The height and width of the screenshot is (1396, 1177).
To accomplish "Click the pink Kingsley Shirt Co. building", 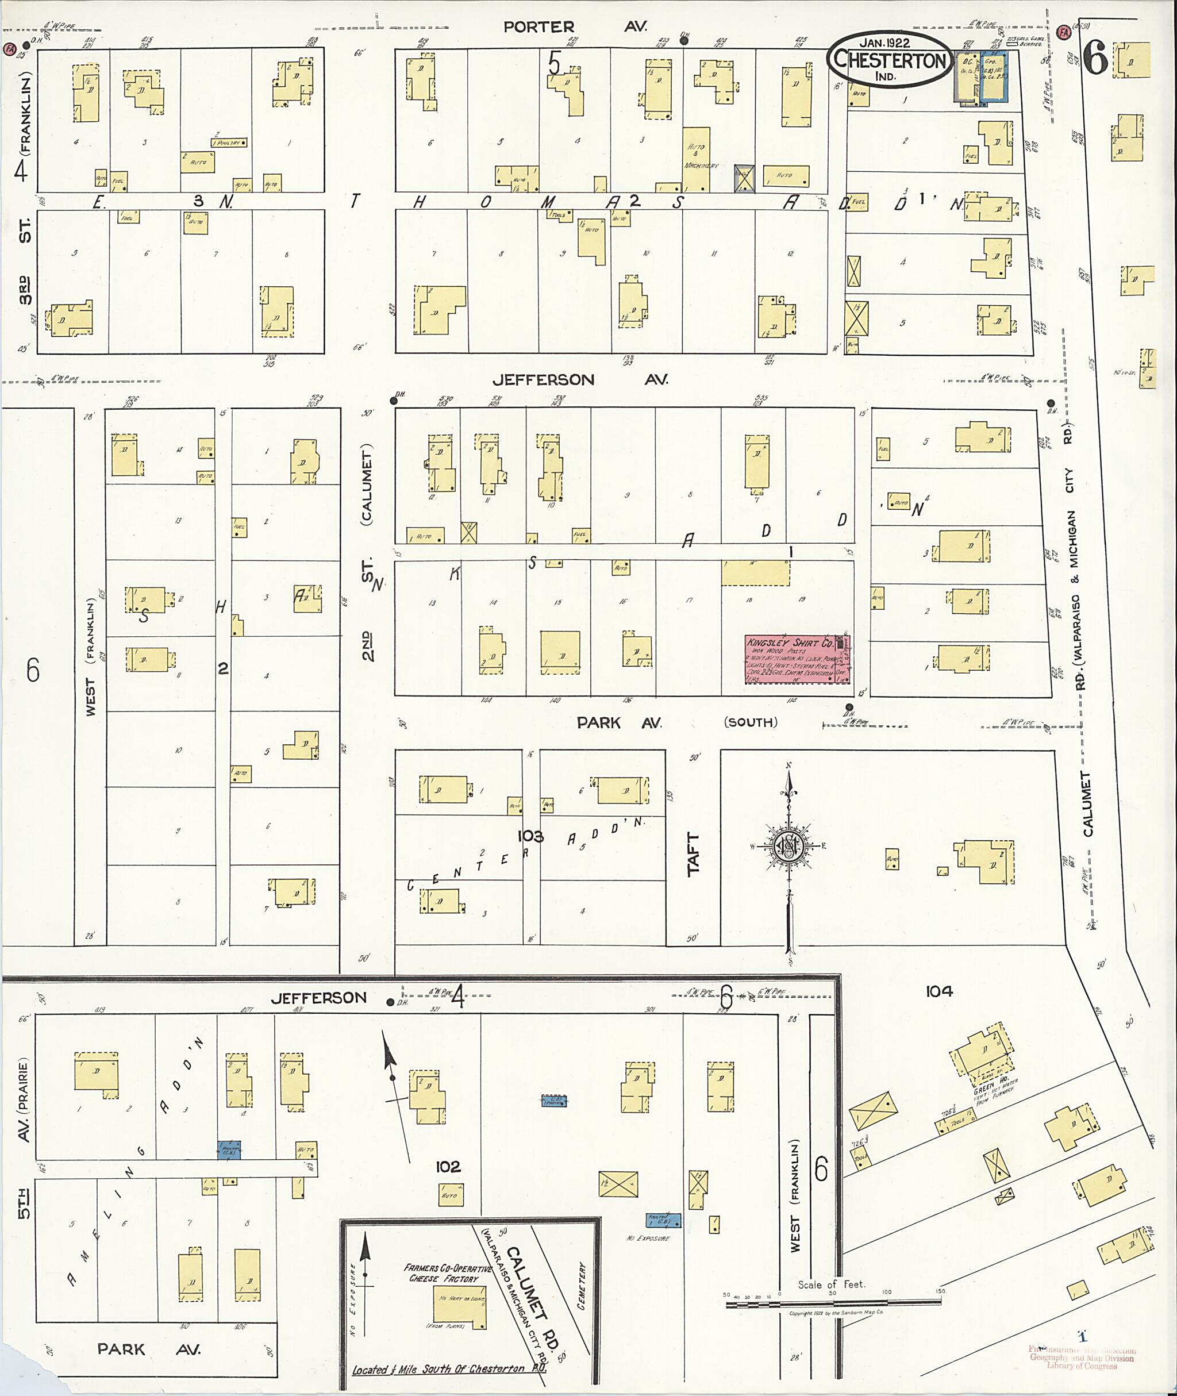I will coord(797,659).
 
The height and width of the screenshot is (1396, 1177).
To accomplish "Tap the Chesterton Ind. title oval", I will coord(890,59).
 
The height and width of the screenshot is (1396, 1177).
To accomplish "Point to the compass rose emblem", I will coord(788,848).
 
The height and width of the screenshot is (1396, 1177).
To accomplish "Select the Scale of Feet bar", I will coord(833,1301).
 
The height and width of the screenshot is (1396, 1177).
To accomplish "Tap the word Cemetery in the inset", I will coord(580,1286).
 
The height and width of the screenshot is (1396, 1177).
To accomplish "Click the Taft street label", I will coord(694,853).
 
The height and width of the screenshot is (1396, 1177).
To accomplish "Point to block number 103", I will coord(530,836).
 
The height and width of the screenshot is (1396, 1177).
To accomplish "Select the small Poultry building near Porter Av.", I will coord(229,142).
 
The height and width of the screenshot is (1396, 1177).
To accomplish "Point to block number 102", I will coord(448,1167).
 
